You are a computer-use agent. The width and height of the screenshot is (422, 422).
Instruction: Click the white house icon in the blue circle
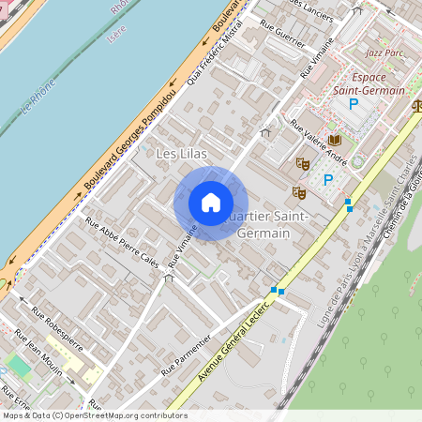211,203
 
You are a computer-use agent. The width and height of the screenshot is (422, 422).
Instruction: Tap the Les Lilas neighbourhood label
181,152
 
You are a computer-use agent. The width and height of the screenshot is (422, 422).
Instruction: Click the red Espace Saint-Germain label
369,83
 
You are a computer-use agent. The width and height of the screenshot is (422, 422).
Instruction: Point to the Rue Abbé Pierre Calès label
122,242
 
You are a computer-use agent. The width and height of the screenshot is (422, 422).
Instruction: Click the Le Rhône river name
37,98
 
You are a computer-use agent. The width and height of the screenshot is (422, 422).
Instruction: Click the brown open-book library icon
335,140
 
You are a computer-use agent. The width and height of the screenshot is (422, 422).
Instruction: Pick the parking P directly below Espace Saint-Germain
354,104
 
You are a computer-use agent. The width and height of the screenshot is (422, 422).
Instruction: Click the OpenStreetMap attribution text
94,415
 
